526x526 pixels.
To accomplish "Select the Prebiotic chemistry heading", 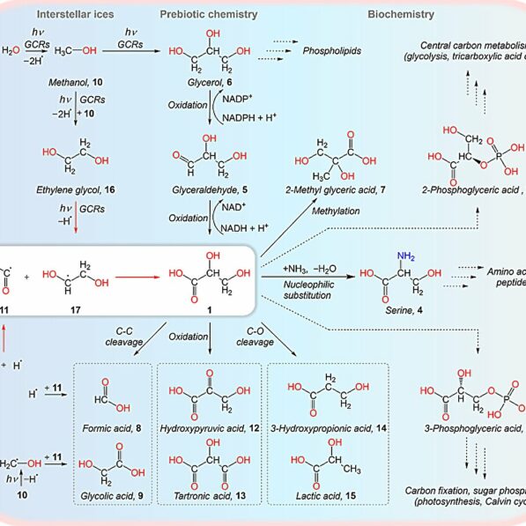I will [x=209, y=15].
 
